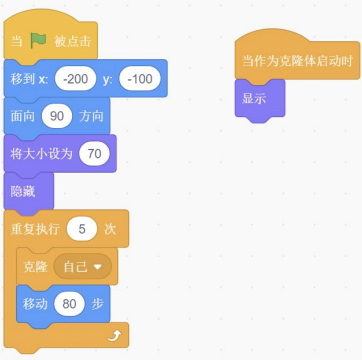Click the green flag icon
tap(38, 41)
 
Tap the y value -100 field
tap(139, 78)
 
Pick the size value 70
tap(93, 153)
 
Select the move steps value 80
tap(70, 303)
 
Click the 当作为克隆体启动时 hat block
tap(297, 60)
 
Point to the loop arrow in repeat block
tap(117, 337)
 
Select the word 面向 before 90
tap(23, 116)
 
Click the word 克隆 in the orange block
tap(36, 267)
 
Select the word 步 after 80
tap(97, 303)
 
